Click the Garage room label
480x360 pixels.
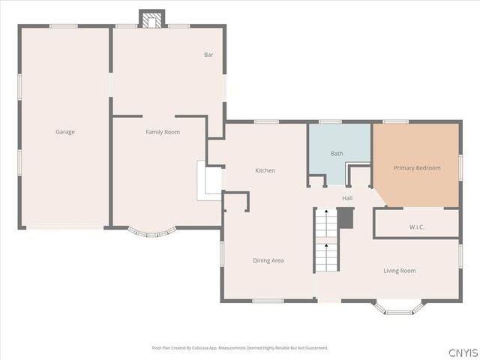(x=65, y=132)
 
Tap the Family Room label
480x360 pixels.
(x=163, y=132)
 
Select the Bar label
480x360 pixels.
(x=208, y=55)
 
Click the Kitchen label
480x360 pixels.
(x=265, y=170)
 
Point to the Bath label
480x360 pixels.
(x=337, y=154)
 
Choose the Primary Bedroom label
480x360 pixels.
(x=417, y=168)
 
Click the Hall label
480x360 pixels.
(x=347, y=198)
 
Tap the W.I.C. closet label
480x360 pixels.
(x=418, y=226)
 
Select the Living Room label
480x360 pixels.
(x=399, y=271)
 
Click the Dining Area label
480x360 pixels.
(x=268, y=260)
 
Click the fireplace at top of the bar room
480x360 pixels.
(x=152, y=19)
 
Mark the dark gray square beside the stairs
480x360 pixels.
(x=345, y=218)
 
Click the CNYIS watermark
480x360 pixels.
(x=462, y=352)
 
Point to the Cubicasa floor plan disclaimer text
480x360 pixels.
(x=240, y=348)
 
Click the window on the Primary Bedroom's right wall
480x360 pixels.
(x=460, y=166)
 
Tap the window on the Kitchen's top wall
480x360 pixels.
(x=266, y=121)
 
